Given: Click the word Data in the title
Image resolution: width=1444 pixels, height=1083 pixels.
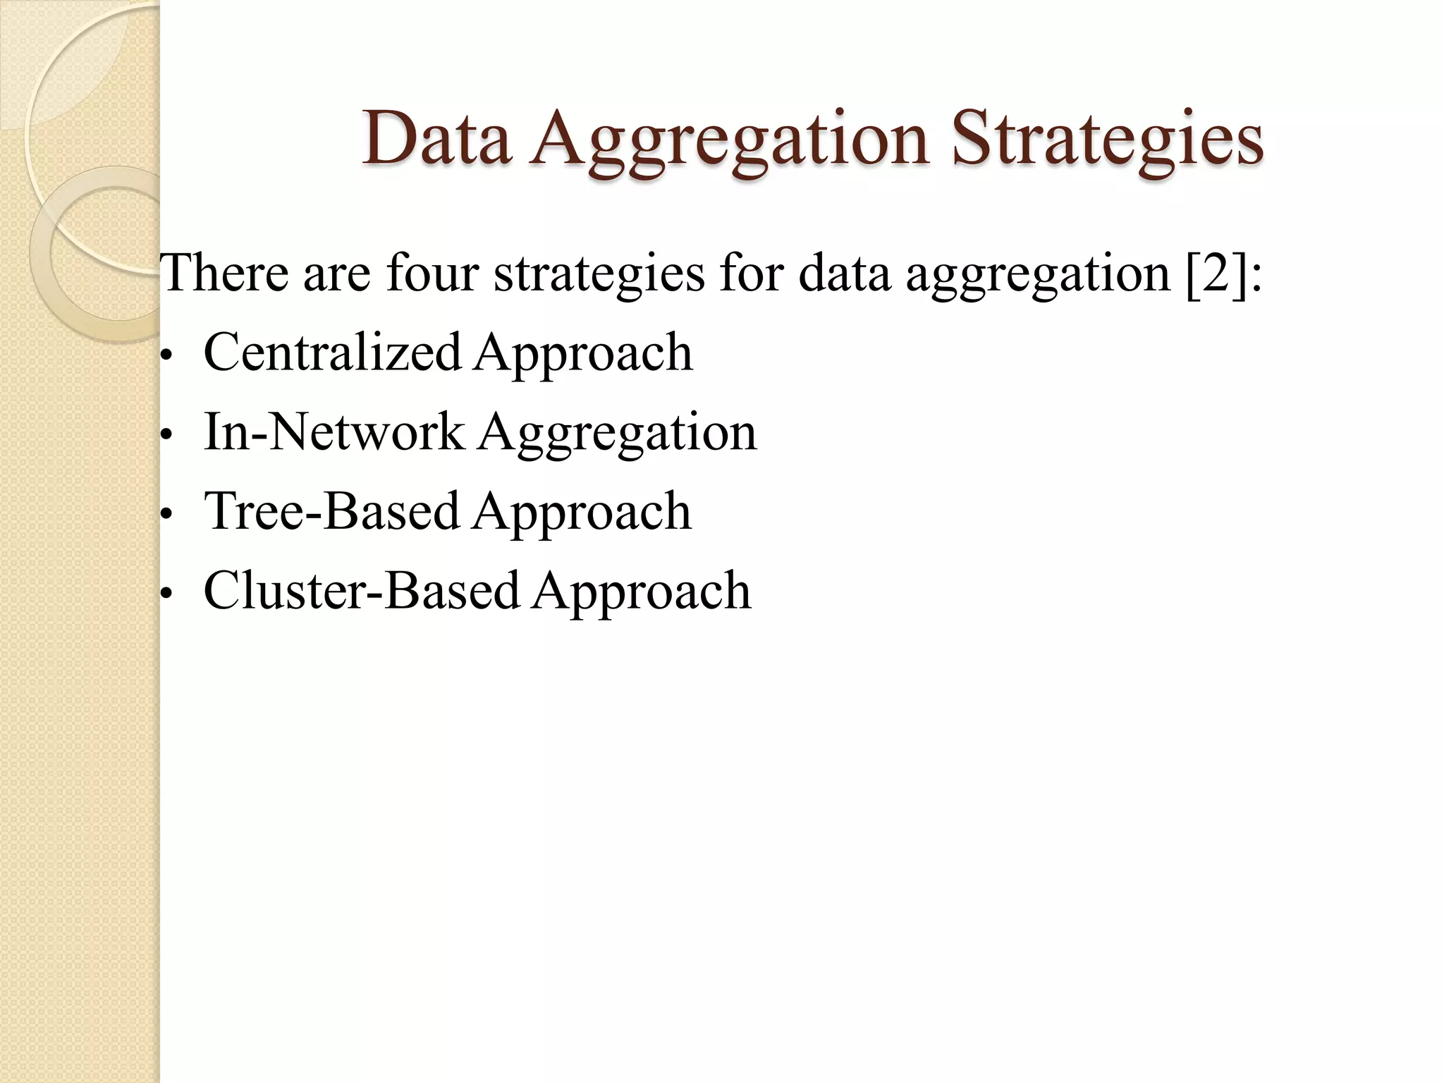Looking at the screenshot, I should pos(436,139).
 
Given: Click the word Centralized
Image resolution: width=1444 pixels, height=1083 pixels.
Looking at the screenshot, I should pos(332,352).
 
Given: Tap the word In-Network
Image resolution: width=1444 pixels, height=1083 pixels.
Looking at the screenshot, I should pos(334,432).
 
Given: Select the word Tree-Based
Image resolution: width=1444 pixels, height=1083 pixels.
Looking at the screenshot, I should pos(331,510).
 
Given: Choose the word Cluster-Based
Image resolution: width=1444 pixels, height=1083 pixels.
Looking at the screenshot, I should pos(361,590).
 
